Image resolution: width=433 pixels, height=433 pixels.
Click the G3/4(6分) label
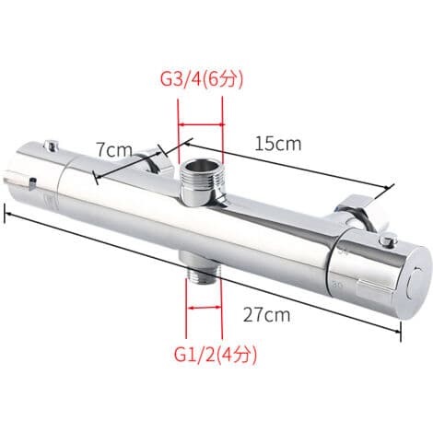coord(202,79)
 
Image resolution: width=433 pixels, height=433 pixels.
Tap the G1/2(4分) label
coord(216,355)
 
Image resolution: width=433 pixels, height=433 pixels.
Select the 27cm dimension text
coord(266,315)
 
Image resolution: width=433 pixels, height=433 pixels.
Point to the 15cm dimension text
coord(278,144)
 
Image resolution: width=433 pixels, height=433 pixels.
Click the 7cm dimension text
coord(114,149)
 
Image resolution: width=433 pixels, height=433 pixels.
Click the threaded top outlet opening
coord(201,169)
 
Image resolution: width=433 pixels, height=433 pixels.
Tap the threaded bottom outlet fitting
coord(203,269)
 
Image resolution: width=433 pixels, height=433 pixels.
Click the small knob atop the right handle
coord(388,238)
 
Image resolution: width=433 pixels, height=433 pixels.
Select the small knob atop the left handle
coord(52,145)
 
